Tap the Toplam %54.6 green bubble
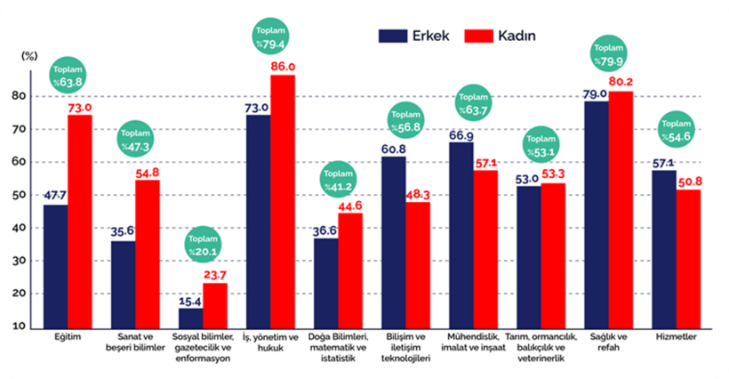click(x=677, y=133)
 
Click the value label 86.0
click(x=283, y=67)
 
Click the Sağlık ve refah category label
click(x=607, y=343)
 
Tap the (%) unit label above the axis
click(x=29, y=54)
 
